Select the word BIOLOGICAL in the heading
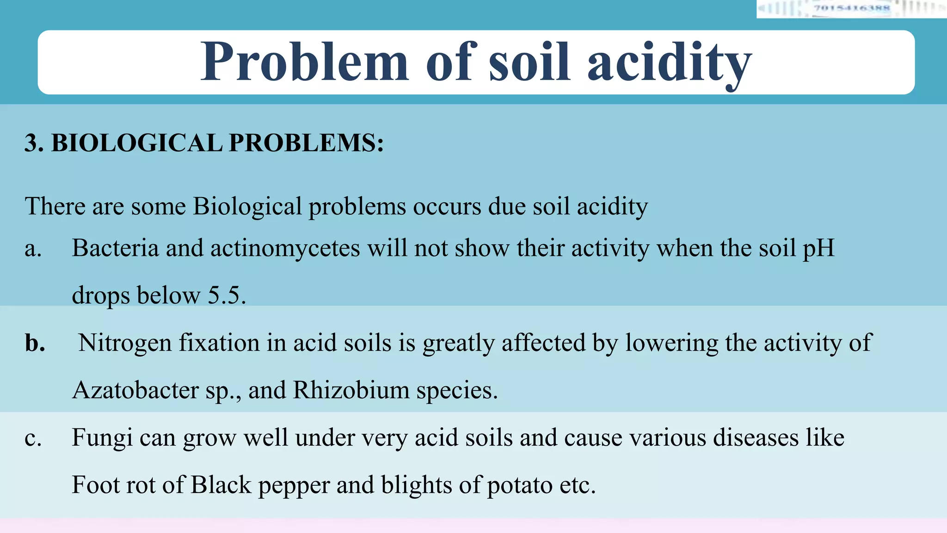(137, 143)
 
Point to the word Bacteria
(115, 248)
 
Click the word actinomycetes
(285, 248)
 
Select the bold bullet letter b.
(35, 343)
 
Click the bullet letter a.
(33, 249)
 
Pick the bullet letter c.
(33, 438)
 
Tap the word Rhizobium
(351, 390)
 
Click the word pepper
(294, 485)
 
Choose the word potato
(520, 485)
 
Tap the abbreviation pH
(818, 248)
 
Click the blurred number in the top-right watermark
(851, 8)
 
